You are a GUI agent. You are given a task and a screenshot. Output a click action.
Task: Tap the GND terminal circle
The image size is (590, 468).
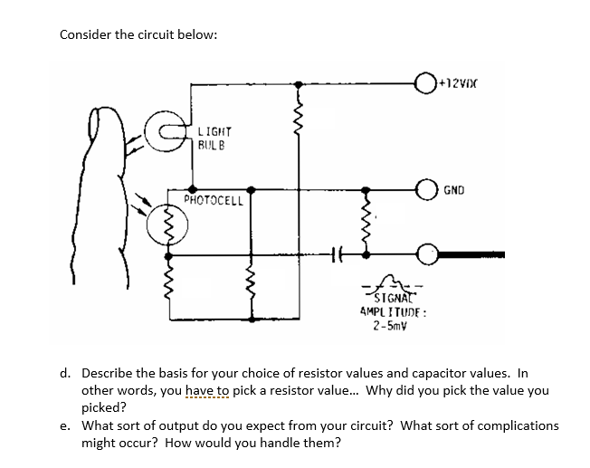point(423,190)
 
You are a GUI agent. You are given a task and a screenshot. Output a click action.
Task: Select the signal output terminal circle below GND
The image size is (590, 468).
point(425,254)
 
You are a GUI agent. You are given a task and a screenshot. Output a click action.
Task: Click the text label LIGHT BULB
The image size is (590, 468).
point(214,138)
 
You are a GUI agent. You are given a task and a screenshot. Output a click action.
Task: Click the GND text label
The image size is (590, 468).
point(454,191)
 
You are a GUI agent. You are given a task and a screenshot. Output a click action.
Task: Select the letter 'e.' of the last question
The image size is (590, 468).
point(65,425)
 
